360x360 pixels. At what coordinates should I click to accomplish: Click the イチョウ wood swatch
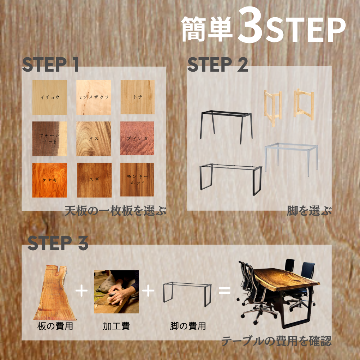tap(50, 97)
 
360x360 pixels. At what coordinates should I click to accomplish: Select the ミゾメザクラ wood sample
tap(94, 97)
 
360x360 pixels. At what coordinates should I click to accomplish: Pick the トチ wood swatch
tap(138, 97)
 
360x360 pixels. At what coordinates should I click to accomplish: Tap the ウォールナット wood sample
tap(50, 139)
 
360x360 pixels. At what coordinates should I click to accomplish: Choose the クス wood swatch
tap(94, 139)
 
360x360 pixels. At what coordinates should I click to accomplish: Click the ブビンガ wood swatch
tap(137, 138)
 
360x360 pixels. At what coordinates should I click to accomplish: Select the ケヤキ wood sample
tap(50, 180)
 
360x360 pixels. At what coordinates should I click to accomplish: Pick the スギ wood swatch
tap(94, 180)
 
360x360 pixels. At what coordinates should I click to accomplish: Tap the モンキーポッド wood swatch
tap(137, 180)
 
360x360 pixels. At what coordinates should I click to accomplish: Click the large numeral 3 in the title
tap(250, 26)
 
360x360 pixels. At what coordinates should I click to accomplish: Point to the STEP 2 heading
tap(218, 64)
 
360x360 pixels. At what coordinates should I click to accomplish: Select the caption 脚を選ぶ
tap(309, 211)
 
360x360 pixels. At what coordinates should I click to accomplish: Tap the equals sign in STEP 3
tap(225, 291)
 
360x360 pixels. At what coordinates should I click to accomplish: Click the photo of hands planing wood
tap(117, 292)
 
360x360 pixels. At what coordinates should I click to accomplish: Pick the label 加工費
tap(116, 326)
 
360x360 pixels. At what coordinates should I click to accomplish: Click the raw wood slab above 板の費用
tap(55, 293)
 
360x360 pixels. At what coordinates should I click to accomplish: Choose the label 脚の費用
tap(188, 326)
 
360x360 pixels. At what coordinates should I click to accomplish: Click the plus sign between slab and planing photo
tap(81, 291)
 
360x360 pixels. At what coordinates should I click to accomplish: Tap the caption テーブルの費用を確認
tap(276, 341)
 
